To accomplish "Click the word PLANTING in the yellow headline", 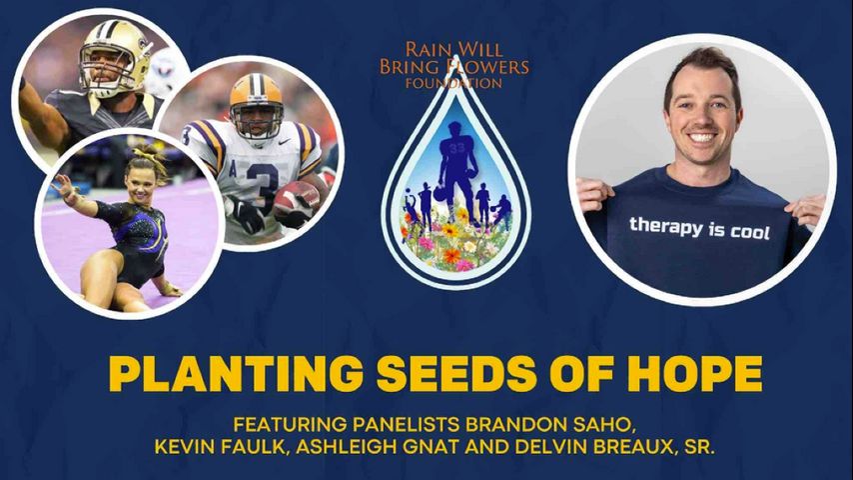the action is [236, 374].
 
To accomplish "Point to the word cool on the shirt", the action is [750, 232].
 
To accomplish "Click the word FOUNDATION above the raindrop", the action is [453, 83].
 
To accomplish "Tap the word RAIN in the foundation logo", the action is [428, 50].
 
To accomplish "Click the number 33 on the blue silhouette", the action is [457, 147].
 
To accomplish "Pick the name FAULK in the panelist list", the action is [258, 447].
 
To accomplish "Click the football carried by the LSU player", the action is [297, 202].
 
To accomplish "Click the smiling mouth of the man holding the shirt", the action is [702, 136].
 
